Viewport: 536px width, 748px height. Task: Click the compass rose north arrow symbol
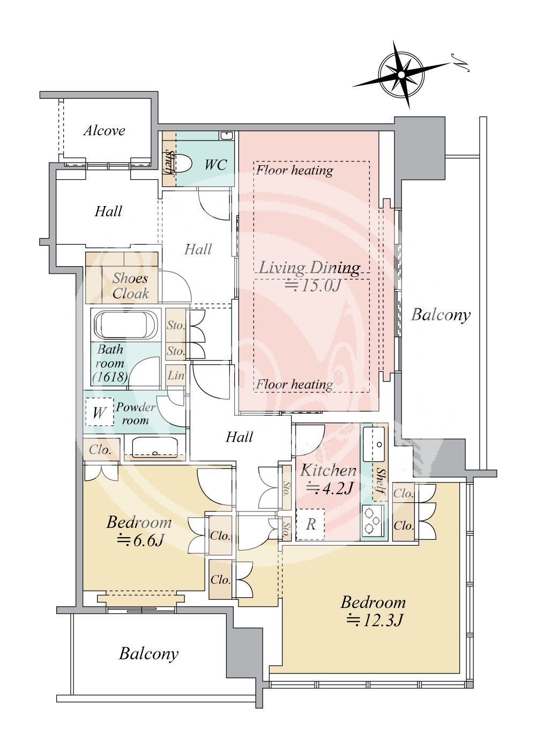pos(401,74)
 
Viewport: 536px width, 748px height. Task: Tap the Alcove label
pos(105,130)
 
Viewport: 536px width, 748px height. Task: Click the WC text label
pos(215,165)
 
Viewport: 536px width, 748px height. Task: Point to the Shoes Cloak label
pos(130,285)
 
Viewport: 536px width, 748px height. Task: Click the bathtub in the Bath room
pos(126,325)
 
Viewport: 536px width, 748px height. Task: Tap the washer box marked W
pos(99,412)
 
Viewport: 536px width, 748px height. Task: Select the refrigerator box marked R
pos(310,524)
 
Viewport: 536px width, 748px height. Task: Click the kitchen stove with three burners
pos(373,520)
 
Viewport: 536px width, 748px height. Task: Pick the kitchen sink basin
pos(374,444)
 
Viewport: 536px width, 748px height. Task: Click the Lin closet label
pos(176,375)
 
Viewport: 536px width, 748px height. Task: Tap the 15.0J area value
pos(313,285)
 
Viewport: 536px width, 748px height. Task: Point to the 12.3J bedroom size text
pos(374,620)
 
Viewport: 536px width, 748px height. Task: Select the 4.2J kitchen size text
pos(329,488)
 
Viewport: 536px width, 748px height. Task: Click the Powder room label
pos(136,413)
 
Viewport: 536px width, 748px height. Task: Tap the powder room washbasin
pos(155,447)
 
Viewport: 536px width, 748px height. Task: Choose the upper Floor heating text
pos(294,170)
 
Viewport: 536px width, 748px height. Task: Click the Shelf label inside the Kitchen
pos(381,481)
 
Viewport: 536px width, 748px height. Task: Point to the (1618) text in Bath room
pos(110,377)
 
